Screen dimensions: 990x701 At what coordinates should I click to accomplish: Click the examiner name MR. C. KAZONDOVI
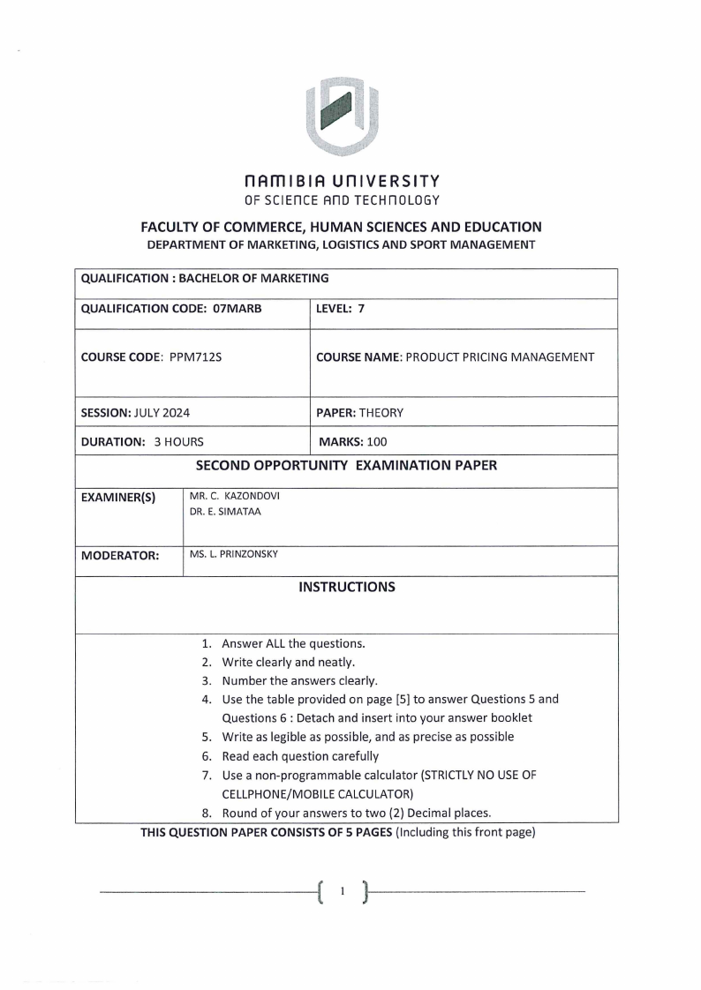(235, 497)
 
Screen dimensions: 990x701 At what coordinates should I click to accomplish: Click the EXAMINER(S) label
(118, 498)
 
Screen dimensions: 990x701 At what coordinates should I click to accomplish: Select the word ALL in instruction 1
(277, 643)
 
